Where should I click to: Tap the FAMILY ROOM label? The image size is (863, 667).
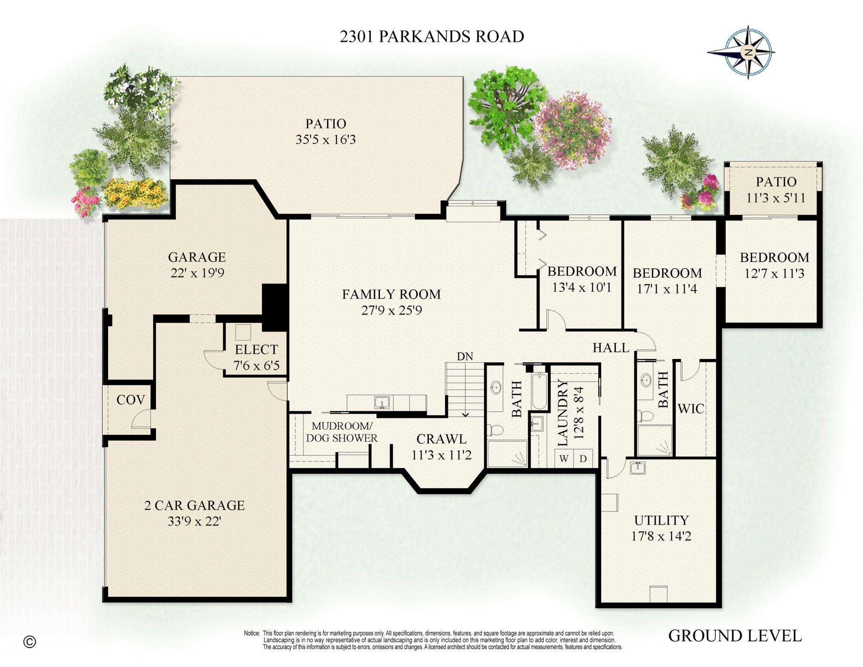391,294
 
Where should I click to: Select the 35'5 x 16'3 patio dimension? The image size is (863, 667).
325,140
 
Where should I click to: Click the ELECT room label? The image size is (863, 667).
256,349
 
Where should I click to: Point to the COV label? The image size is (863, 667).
130,400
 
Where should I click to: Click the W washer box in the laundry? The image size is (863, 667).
564,458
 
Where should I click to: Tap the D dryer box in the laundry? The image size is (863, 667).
583,458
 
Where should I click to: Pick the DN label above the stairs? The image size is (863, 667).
465,356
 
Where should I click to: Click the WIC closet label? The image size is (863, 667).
690,409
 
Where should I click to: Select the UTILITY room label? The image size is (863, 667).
661,520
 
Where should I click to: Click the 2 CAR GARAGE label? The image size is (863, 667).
194,505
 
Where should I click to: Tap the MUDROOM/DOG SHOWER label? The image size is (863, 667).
342,432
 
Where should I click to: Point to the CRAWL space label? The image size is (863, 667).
441,439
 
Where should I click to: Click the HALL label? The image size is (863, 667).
611,348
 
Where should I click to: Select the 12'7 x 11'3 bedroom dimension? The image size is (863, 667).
774,274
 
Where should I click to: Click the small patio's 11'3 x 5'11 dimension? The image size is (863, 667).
775,198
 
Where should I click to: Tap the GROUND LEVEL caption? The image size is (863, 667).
735,636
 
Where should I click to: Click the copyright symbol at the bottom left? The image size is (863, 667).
30,642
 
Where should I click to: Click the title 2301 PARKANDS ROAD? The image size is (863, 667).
432,37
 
